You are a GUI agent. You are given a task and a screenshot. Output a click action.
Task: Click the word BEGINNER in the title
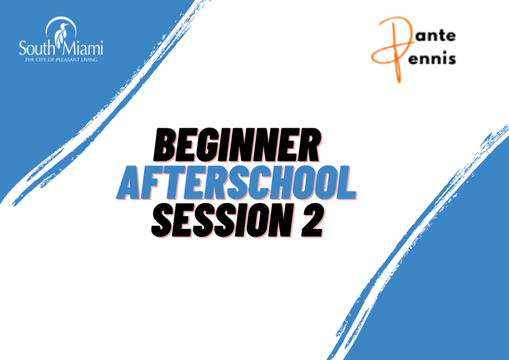(237, 146)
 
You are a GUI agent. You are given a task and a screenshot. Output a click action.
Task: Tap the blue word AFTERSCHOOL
(237, 183)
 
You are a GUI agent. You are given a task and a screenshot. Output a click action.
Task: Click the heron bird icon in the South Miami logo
(62, 32)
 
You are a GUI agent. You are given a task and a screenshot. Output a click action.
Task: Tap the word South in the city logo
(36, 48)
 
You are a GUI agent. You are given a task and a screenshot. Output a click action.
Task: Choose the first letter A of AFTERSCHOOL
(131, 183)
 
